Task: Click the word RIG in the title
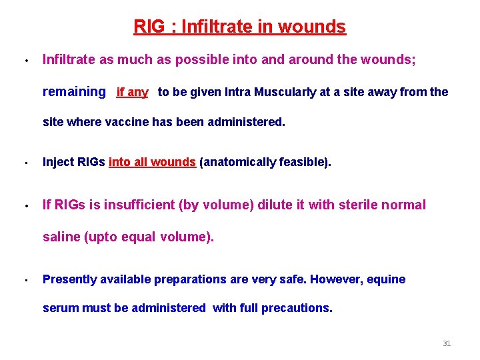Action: [147, 27]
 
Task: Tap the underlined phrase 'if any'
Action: [132, 92]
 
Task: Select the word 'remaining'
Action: [74, 92]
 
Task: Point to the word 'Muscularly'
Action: [285, 92]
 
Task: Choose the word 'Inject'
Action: [57, 162]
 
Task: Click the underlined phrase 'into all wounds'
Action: [152, 162]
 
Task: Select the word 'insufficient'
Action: [137, 205]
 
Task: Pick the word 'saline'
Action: [61, 237]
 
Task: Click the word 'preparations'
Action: [191, 279]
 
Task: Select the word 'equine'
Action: [386, 279]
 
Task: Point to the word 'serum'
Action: [59, 308]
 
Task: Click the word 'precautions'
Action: [297, 308]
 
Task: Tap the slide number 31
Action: [447, 343]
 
